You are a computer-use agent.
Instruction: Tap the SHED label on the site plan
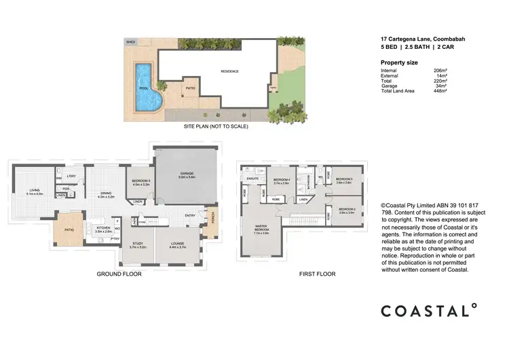pos(130,41)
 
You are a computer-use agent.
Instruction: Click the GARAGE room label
pos(187,174)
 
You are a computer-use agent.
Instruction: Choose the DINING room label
pos(105,194)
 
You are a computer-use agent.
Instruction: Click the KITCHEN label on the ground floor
pos(103,230)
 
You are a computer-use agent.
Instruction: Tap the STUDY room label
pos(138,243)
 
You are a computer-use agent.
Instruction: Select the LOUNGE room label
pos(176,243)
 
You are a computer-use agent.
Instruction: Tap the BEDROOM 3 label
pos(344,180)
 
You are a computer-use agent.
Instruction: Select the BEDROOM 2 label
pos(346,210)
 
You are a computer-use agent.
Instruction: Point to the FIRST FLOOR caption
pos(317,274)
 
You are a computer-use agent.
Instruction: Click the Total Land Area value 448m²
pos(440,91)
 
